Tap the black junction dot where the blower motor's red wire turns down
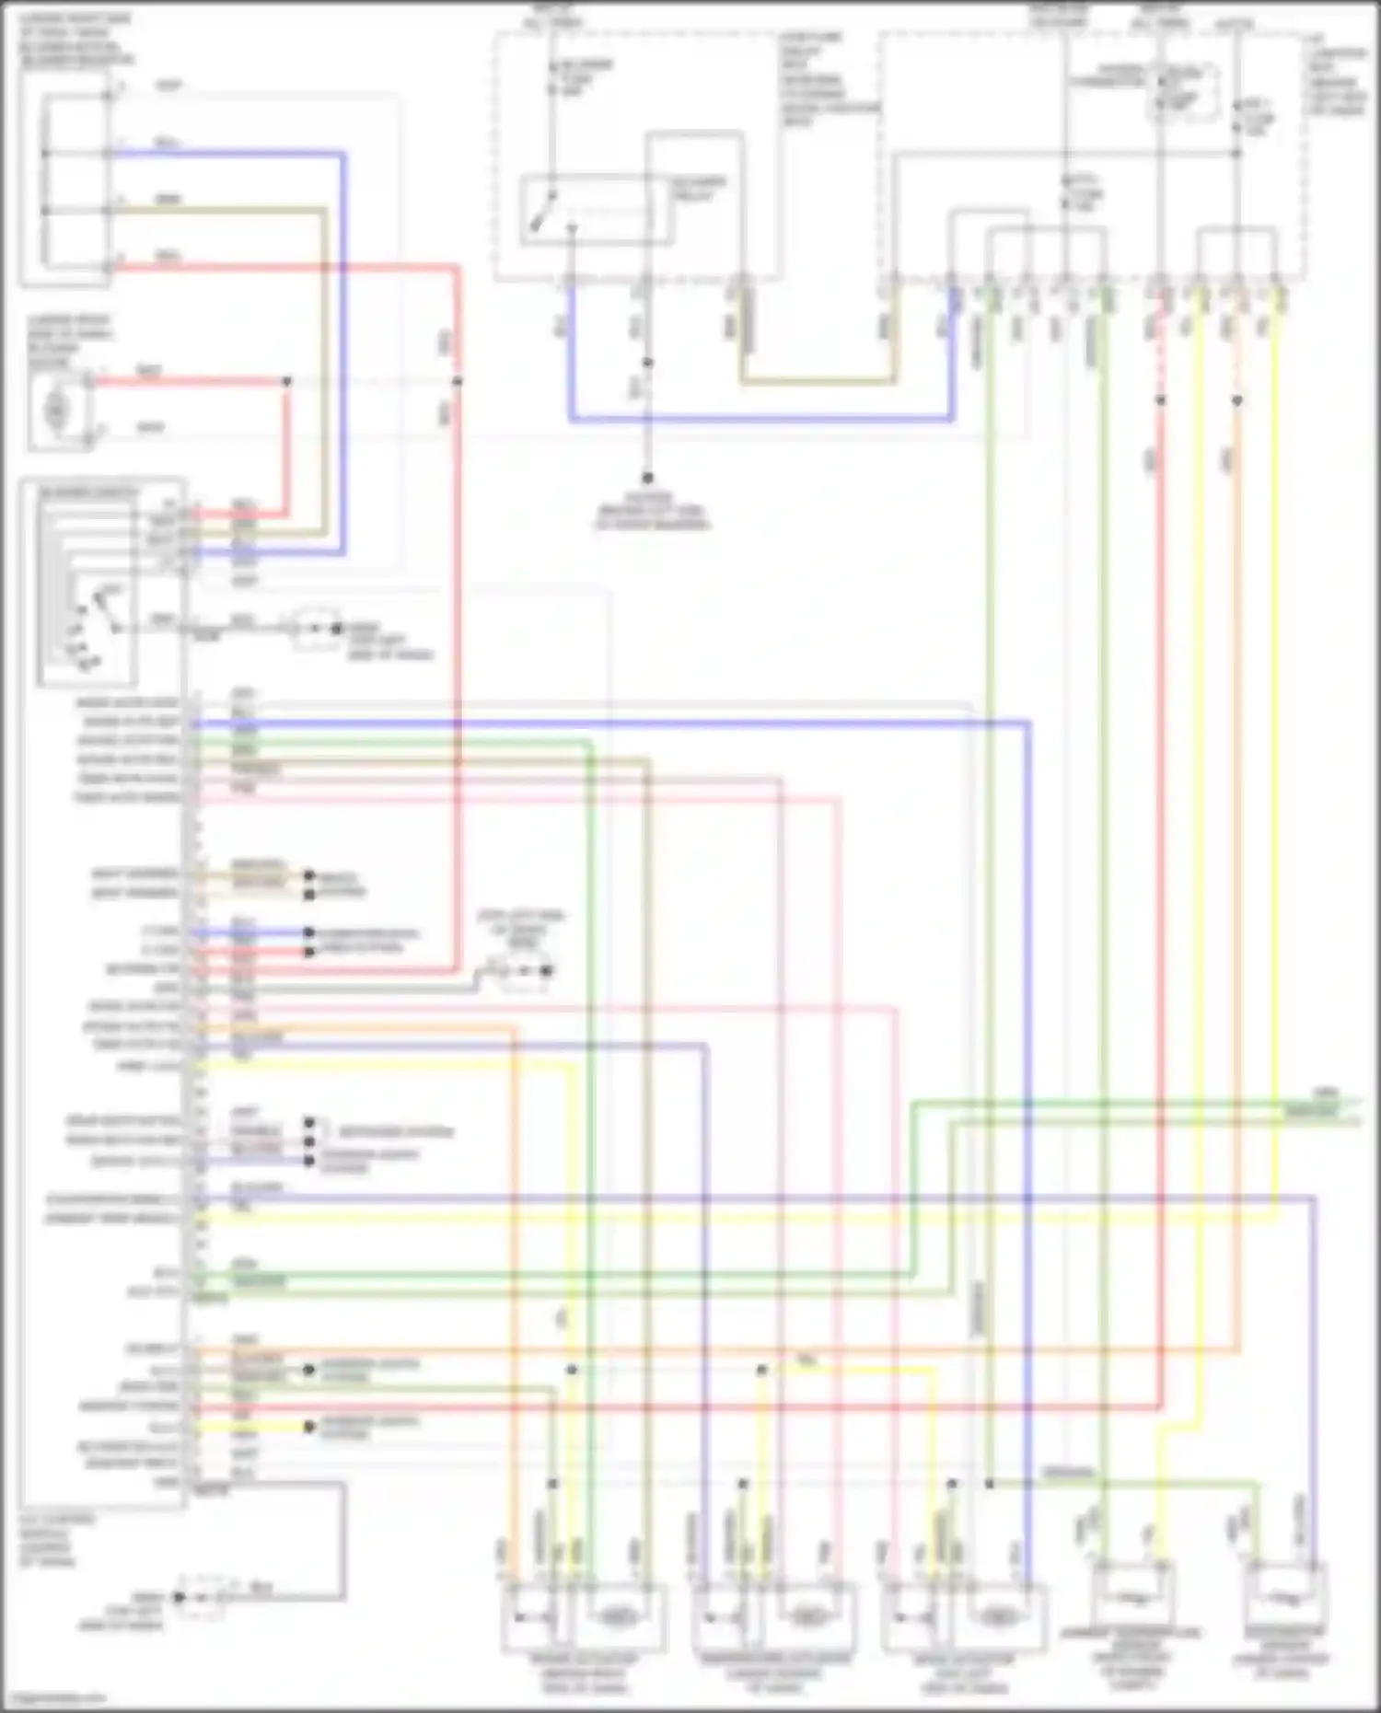coord(286,381)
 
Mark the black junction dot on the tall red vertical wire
coord(458,381)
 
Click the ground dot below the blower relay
coord(647,478)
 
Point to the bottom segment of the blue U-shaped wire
coord(760,420)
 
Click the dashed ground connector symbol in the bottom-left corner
coord(203,1598)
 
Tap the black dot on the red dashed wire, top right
coord(1160,400)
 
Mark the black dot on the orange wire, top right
coord(1236,400)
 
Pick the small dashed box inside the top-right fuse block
coord(1182,92)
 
